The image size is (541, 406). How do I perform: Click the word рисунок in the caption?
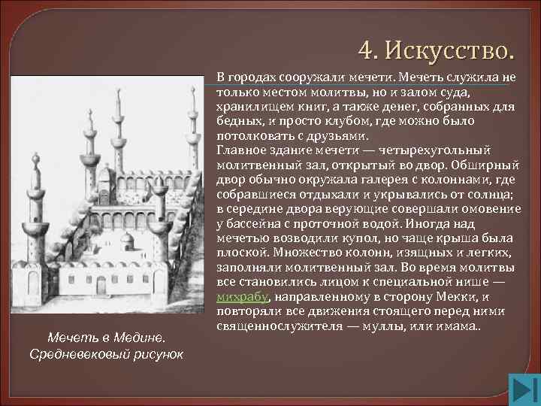click(x=159, y=353)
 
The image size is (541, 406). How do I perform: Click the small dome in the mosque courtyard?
click(x=128, y=241)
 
